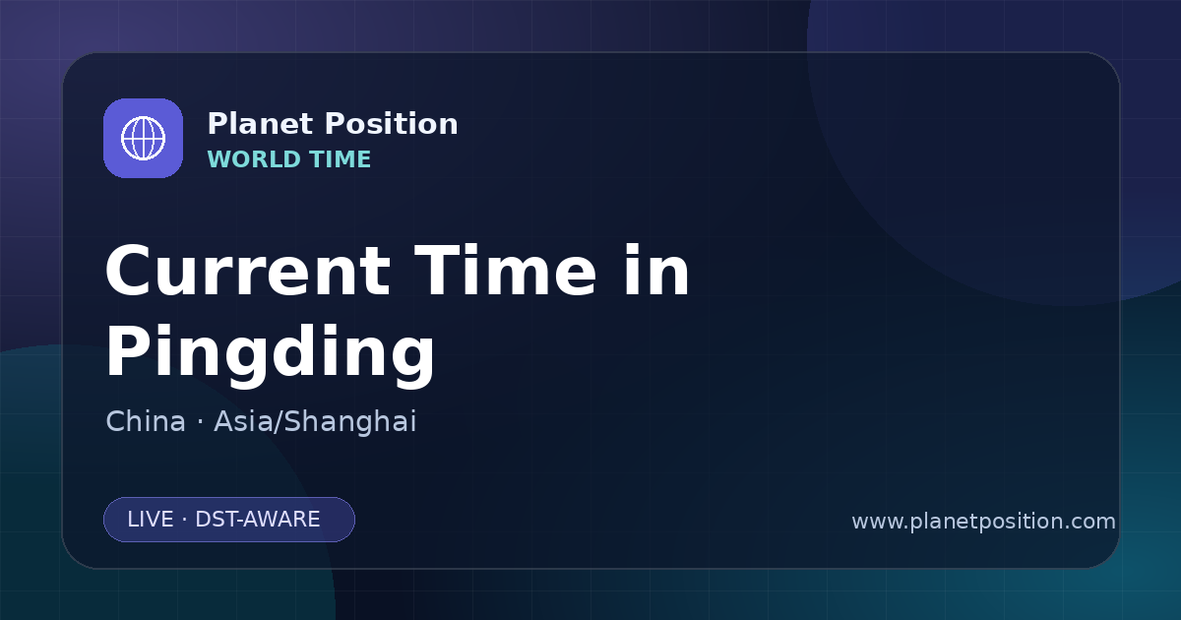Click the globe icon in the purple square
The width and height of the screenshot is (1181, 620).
point(143,138)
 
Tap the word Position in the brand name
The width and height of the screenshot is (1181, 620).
point(392,124)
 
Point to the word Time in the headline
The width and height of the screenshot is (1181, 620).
point(506,271)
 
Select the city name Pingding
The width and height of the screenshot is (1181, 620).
point(270,353)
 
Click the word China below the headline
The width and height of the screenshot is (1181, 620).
point(146,421)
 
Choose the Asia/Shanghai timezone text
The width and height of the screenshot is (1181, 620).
point(315,422)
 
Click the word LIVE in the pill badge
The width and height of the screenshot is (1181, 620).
point(151,520)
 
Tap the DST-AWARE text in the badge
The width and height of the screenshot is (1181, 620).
point(257,520)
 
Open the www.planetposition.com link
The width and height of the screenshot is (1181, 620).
point(984,522)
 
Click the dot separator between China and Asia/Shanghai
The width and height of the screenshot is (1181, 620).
point(200,422)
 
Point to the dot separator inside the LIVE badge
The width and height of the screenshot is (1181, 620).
point(184,521)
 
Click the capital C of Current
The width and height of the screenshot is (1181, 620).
point(128,272)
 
